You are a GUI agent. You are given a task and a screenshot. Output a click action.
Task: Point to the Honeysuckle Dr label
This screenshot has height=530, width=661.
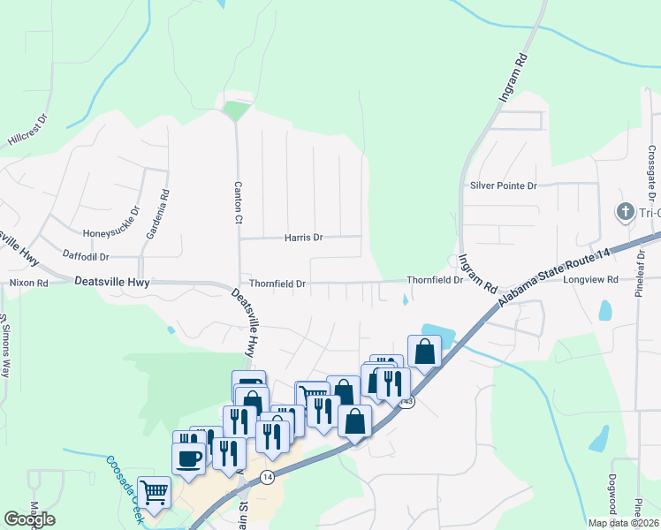coord(111,233)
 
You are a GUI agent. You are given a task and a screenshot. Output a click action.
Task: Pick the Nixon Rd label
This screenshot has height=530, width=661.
coord(27,283)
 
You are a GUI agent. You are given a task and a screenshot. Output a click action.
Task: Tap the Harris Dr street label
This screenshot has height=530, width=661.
coord(304,238)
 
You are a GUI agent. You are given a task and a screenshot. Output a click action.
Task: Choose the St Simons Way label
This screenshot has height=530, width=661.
coord(5,344)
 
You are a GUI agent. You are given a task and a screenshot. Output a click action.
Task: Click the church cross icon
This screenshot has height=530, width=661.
coord(625,212)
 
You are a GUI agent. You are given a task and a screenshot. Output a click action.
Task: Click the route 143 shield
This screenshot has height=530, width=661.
coord(406,402)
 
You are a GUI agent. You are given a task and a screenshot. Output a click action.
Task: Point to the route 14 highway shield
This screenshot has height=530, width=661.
coord(266,477)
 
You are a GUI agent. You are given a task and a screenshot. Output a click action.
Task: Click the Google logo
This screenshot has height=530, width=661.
coord(29,519)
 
